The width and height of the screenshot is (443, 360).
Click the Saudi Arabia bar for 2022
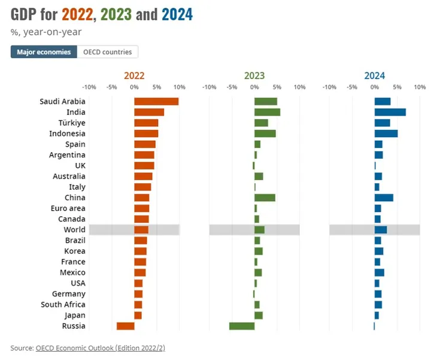coord(156,101)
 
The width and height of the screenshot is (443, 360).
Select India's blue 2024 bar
coord(390,112)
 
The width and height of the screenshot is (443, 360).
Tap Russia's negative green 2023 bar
coord(242,326)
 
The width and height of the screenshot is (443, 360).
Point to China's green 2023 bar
coord(265,198)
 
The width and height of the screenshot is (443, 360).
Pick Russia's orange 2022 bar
coord(125,326)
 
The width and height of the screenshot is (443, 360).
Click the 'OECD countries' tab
coord(108,52)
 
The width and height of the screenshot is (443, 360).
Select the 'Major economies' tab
coord(44,52)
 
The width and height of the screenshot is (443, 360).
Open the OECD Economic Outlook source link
coord(100,347)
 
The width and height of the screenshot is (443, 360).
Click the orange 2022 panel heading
coord(134,76)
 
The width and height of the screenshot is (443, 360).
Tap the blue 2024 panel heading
coord(375,76)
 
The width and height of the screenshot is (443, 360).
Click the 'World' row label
coord(74,230)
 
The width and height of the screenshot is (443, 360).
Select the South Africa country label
coord(63,305)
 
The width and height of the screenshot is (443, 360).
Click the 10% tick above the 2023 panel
coord(299,87)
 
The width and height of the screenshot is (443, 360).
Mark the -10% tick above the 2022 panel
coord(89,87)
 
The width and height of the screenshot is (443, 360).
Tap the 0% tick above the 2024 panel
coord(375,87)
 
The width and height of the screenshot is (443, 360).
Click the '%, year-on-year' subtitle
coord(46,32)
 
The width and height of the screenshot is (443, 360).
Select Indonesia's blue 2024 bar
coord(386,134)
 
